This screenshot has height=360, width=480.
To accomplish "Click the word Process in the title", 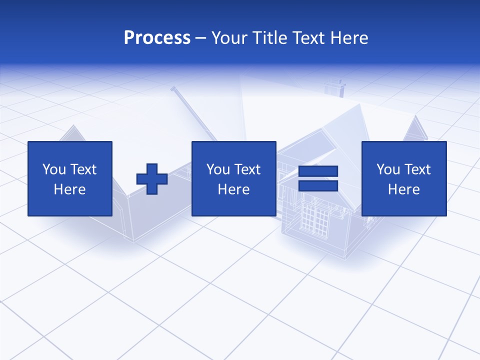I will pos(157,38).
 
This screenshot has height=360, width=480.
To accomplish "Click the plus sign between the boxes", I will pos(152,179).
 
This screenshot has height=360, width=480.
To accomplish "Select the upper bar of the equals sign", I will pos(318,171).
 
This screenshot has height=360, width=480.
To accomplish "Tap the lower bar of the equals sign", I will pos(318,185).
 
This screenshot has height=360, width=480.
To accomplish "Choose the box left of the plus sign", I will pos(70,178).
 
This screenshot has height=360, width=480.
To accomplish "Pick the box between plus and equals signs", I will pos(234,178).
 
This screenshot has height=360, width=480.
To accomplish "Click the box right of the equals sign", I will pos(404,178).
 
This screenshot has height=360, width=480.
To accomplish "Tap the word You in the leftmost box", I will pos(53,169).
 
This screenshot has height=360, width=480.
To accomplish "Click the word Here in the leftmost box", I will pos(70,189).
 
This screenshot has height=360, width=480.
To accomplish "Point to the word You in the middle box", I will pos(217,169).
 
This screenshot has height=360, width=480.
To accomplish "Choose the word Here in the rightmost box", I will pos(404,189).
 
